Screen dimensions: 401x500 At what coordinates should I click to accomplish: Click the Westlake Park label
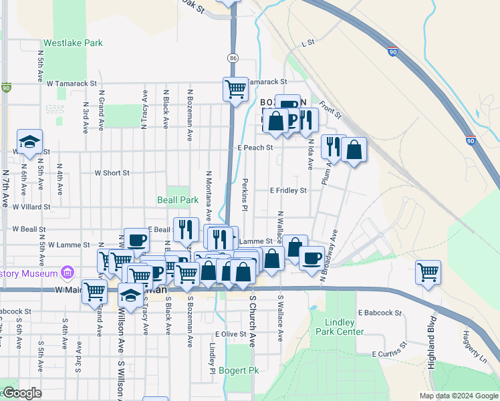click(x=73, y=43)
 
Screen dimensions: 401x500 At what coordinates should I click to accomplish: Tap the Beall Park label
click(x=178, y=200)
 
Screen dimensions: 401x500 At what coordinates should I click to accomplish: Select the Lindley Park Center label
click(x=346, y=327)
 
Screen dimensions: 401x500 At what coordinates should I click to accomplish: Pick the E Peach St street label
click(x=255, y=147)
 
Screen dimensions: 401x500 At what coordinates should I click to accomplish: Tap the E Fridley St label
click(x=288, y=190)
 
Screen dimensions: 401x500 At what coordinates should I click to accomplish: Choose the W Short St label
click(x=112, y=173)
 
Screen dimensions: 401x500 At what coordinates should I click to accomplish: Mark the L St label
click(x=307, y=43)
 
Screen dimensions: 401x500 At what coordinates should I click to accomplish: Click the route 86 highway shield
click(x=232, y=58)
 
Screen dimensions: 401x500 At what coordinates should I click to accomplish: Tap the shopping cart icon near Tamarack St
click(x=235, y=88)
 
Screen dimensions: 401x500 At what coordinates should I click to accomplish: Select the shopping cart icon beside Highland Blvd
click(x=428, y=271)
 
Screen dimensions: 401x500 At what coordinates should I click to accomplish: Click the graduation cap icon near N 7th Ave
click(x=29, y=142)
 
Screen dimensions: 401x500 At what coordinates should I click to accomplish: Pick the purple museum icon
click(x=66, y=272)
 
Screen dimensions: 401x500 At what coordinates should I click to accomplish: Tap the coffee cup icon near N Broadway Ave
click(x=311, y=258)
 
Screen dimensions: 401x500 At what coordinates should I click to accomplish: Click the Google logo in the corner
click(x=21, y=393)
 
